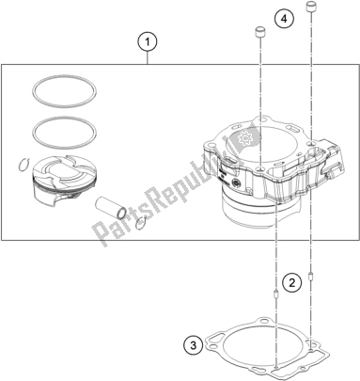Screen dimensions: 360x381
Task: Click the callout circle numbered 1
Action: (x=148, y=42)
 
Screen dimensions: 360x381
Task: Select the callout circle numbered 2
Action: (x=292, y=283)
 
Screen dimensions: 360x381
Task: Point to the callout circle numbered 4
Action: (x=284, y=19)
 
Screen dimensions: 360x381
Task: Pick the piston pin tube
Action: (x=111, y=207)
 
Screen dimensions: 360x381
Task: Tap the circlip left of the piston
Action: (x=23, y=165)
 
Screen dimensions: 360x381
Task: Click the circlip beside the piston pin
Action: (x=142, y=222)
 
